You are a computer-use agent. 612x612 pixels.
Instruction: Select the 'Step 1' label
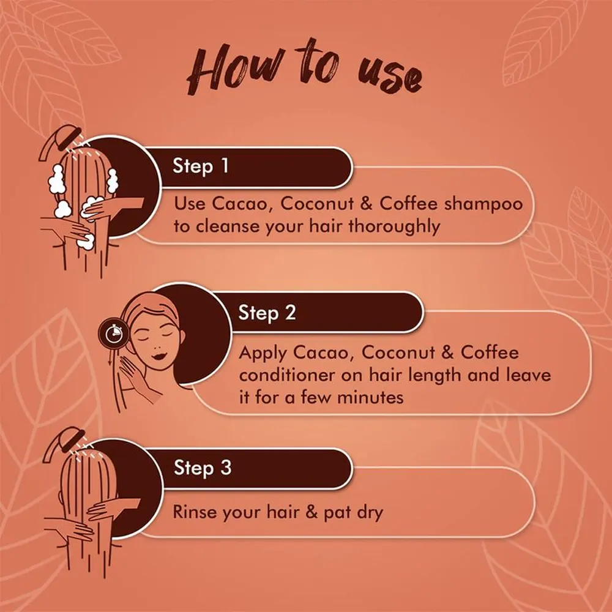(x=200, y=166)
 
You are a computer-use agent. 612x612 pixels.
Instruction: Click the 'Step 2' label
(x=267, y=313)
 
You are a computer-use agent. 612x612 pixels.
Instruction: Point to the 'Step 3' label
(x=203, y=468)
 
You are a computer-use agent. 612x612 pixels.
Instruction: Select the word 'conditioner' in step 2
(x=287, y=375)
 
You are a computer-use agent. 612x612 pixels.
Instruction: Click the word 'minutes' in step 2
(x=370, y=398)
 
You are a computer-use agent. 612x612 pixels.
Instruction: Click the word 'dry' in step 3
(x=370, y=513)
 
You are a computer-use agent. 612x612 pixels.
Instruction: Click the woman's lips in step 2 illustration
(x=159, y=356)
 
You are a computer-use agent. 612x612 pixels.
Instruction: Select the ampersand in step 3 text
(x=312, y=512)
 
